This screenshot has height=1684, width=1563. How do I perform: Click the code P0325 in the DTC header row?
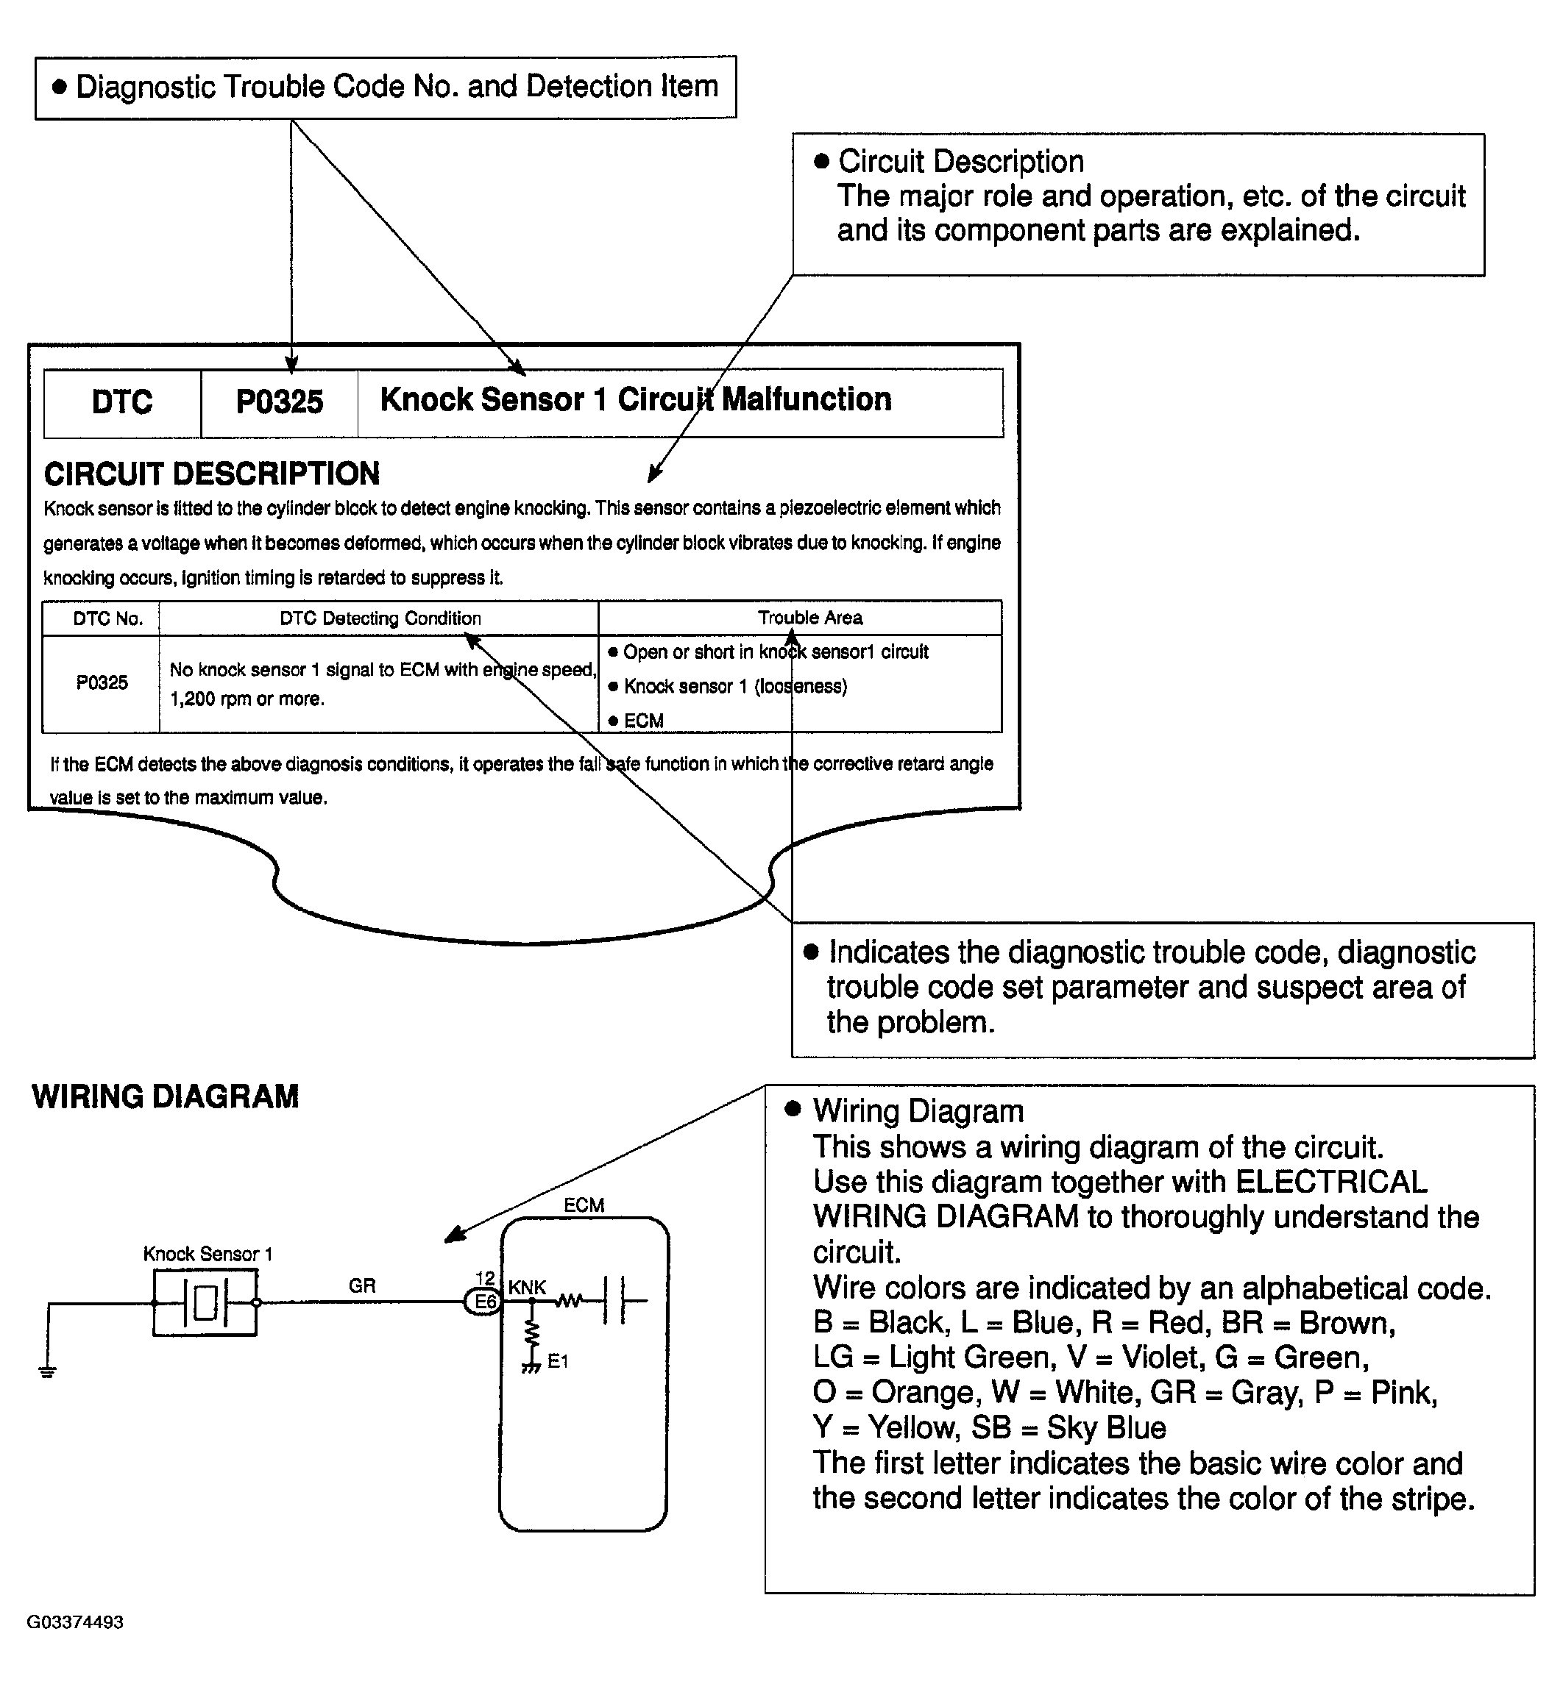(x=279, y=402)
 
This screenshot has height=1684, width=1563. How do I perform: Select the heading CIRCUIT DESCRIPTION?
(x=211, y=474)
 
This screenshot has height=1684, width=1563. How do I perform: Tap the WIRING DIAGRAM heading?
(x=165, y=1097)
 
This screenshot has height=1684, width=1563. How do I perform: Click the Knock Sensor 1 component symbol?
(x=205, y=1303)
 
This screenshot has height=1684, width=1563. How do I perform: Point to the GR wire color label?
(x=362, y=1286)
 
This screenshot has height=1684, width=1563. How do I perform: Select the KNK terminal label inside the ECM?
(x=527, y=1287)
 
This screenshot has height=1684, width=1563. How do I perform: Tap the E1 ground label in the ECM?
(x=557, y=1361)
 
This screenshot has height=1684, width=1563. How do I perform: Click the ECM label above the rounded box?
(x=584, y=1205)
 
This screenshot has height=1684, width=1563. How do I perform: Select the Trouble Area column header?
(x=809, y=618)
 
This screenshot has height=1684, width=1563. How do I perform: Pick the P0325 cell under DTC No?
(x=102, y=683)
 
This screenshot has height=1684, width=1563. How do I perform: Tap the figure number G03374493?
(x=75, y=1622)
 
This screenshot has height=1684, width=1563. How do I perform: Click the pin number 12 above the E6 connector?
(x=485, y=1278)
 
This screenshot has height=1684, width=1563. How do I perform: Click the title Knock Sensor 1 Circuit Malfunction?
(x=635, y=400)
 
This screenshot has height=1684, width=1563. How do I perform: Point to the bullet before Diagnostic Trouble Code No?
(x=59, y=86)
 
